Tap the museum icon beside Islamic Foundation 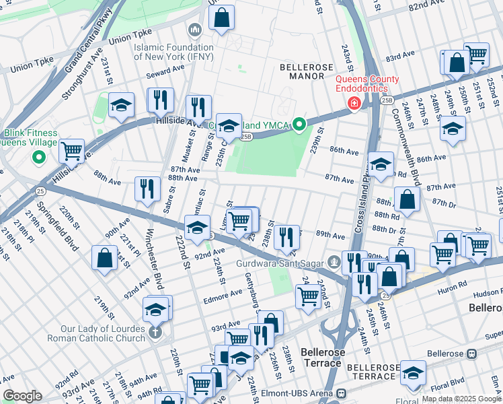(195, 30)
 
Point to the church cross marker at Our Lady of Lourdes (155, 333)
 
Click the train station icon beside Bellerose (472, 353)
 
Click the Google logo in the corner (22, 396)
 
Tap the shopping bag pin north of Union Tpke (221, 18)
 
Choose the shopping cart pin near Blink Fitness (71, 150)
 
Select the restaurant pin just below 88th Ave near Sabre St (147, 188)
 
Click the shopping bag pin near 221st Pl (104, 258)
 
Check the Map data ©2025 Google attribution (461, 399)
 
